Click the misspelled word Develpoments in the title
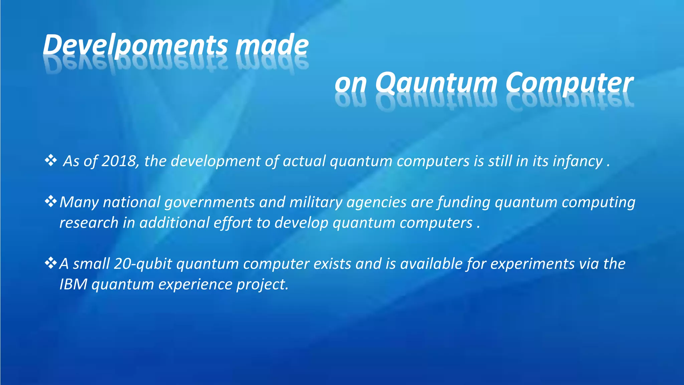point(135,45)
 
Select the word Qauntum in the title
point(436,83)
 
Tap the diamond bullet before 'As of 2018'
point(51,160)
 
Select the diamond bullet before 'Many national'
point(51,202)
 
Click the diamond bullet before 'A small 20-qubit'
point(51,263)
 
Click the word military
point(316,203)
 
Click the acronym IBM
point(73,284)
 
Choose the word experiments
point(532,264)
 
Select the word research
point(89,223)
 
